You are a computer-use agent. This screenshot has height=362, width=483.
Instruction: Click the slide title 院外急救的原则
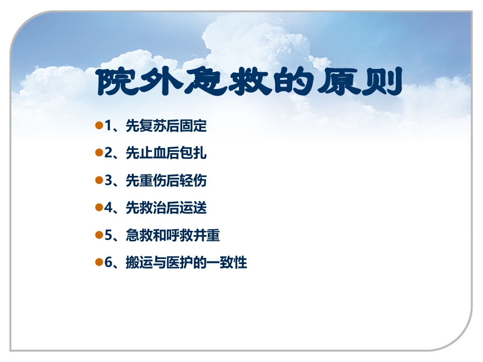pos(250,82)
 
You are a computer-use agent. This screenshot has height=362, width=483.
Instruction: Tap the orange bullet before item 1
pos(99,125)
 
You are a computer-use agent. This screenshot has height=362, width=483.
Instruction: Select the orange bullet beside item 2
pos(99,152)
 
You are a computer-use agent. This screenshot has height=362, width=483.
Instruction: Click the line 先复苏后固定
pos(166,126)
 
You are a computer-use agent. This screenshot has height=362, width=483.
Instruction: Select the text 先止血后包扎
pos(166,153)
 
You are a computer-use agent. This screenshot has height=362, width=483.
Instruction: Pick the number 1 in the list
pos(108,126)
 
